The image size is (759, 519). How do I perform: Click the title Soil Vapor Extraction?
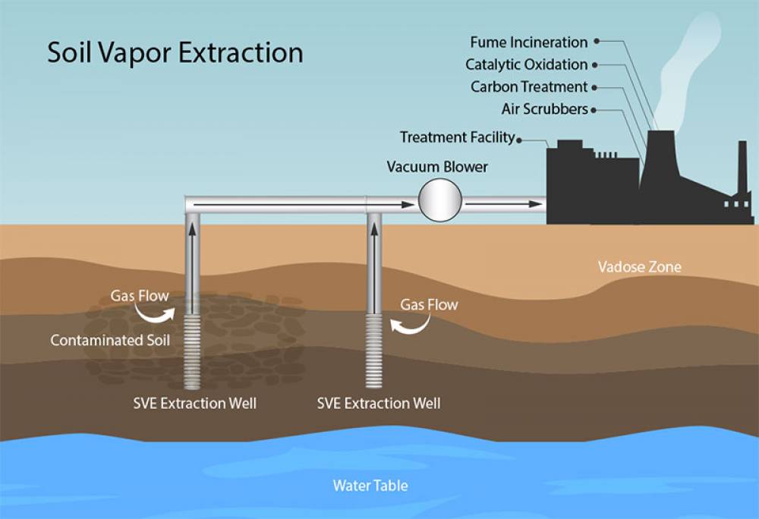tap(175, 53)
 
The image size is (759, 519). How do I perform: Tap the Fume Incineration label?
tap(528, 42)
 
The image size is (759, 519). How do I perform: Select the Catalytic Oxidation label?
tap(526, 64)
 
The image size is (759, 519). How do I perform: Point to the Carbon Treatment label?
tap(529, 86)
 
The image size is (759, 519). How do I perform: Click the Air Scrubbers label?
tap(544, 109)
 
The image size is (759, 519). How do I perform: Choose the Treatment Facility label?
tap(457, 137)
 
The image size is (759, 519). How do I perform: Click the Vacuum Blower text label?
tap(437, 166)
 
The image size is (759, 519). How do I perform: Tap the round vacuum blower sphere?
tap(440, 201)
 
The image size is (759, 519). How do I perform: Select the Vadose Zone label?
tap(639, 266)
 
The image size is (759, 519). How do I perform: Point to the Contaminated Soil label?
tap(110, 340)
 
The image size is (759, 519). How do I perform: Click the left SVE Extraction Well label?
tap(194, 403)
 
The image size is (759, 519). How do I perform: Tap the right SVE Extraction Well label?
tap(378, 403)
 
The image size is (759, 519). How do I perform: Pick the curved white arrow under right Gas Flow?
tap(410, 325)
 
